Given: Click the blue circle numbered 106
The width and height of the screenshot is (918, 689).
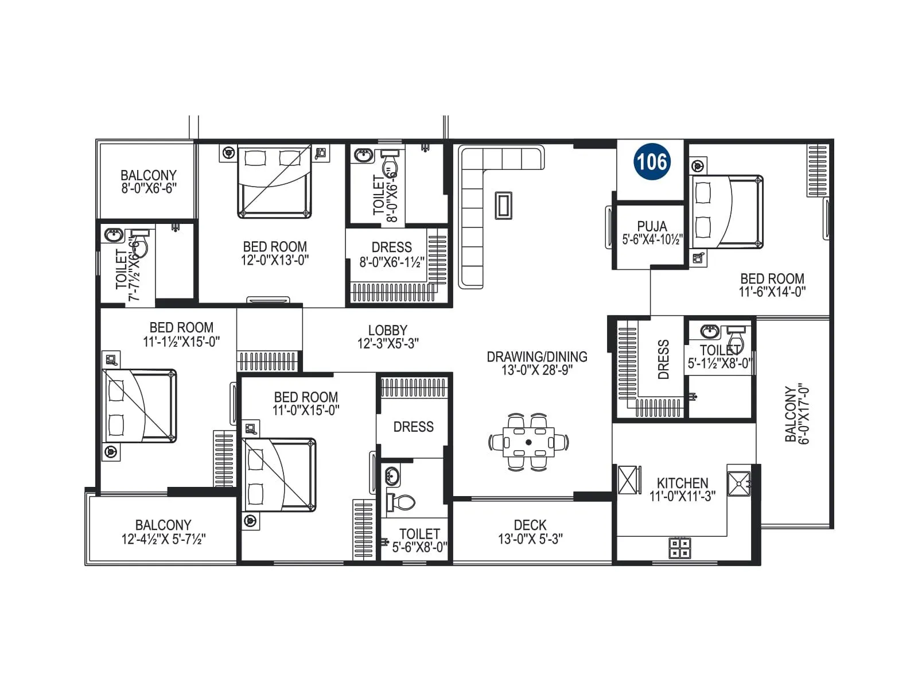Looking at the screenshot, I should [652, 162].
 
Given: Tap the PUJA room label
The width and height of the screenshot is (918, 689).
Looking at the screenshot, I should [652, 226].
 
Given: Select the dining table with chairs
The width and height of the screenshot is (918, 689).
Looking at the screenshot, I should [528, 443].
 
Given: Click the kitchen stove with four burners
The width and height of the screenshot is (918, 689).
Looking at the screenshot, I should [680, 548].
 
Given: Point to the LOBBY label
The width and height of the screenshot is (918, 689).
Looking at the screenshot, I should [388, 331].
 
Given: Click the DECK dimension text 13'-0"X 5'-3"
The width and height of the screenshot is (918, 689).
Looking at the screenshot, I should [530, 539].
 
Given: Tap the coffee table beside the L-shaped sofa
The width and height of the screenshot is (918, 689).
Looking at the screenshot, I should [503, 206].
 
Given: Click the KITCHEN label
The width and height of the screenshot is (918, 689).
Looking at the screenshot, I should [682, 483].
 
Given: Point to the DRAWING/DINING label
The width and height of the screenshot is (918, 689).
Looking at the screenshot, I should [536, 357].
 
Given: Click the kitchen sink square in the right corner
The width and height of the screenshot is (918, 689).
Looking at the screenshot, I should [738, 483].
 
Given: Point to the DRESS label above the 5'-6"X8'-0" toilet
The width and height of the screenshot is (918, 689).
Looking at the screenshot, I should [413, 427].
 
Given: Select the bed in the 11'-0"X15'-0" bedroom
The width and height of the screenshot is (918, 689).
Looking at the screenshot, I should [279, 475].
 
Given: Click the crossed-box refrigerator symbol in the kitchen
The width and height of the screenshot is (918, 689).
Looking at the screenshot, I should [629, 479].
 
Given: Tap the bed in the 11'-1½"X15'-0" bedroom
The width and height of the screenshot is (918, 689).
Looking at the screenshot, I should [139, 406].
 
